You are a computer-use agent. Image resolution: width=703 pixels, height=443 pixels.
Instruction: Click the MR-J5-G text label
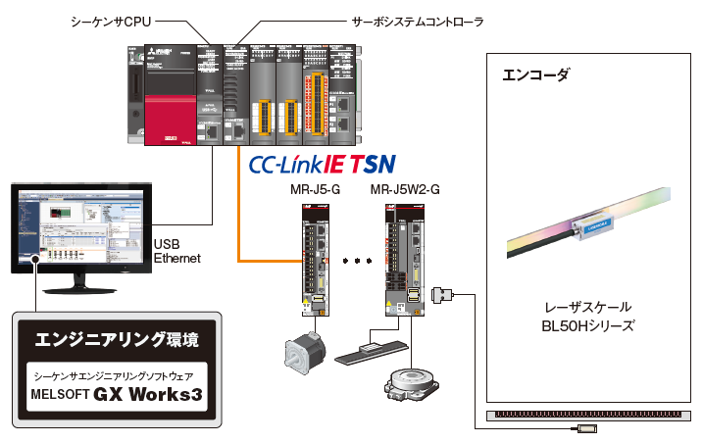(311, 188)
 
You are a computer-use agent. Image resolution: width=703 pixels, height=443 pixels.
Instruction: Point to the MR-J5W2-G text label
(405, 188)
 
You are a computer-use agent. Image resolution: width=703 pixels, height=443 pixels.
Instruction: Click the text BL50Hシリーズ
(588, 325)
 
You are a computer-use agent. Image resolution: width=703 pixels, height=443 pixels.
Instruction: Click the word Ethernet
(177, 259)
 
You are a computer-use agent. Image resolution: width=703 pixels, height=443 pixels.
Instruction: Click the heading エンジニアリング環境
(117, 340)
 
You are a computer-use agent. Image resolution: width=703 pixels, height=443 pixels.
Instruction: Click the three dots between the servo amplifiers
(358, 262)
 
